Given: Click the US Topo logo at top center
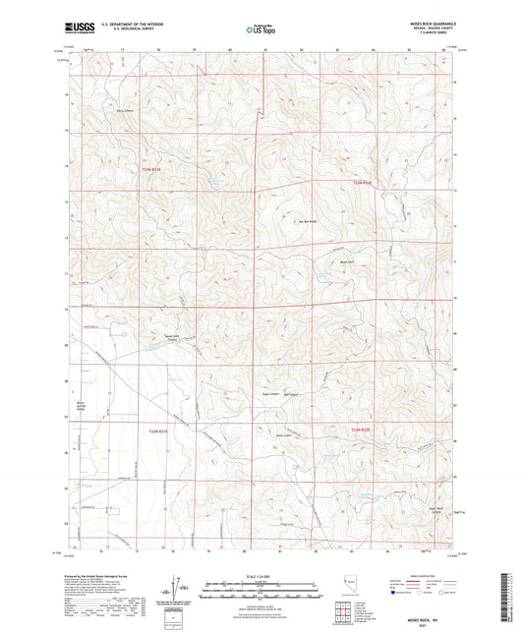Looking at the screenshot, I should click(261, 29).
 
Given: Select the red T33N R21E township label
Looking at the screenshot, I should click(147, 169).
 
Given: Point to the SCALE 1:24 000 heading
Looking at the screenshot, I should click(262, 574).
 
